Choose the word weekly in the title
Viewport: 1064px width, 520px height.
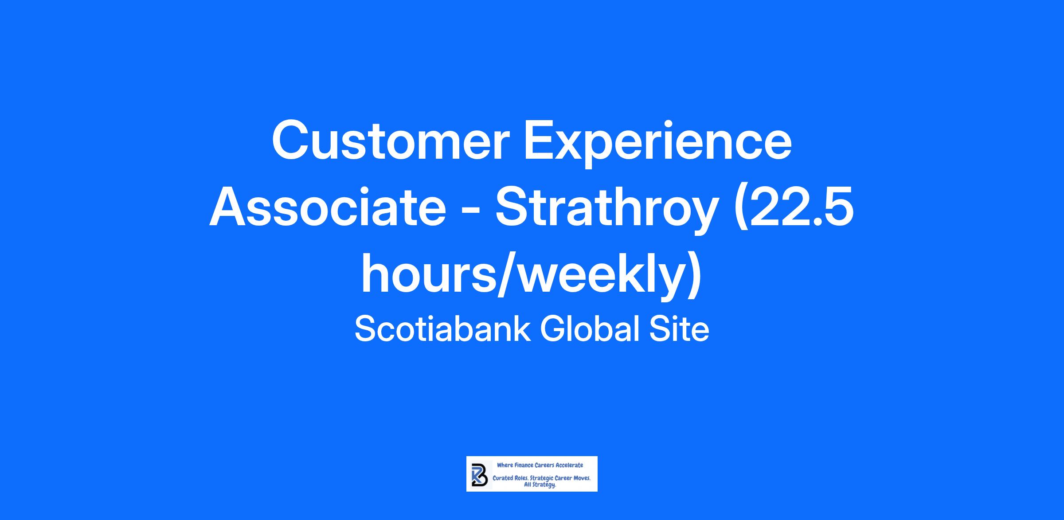tap(601, 277)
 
